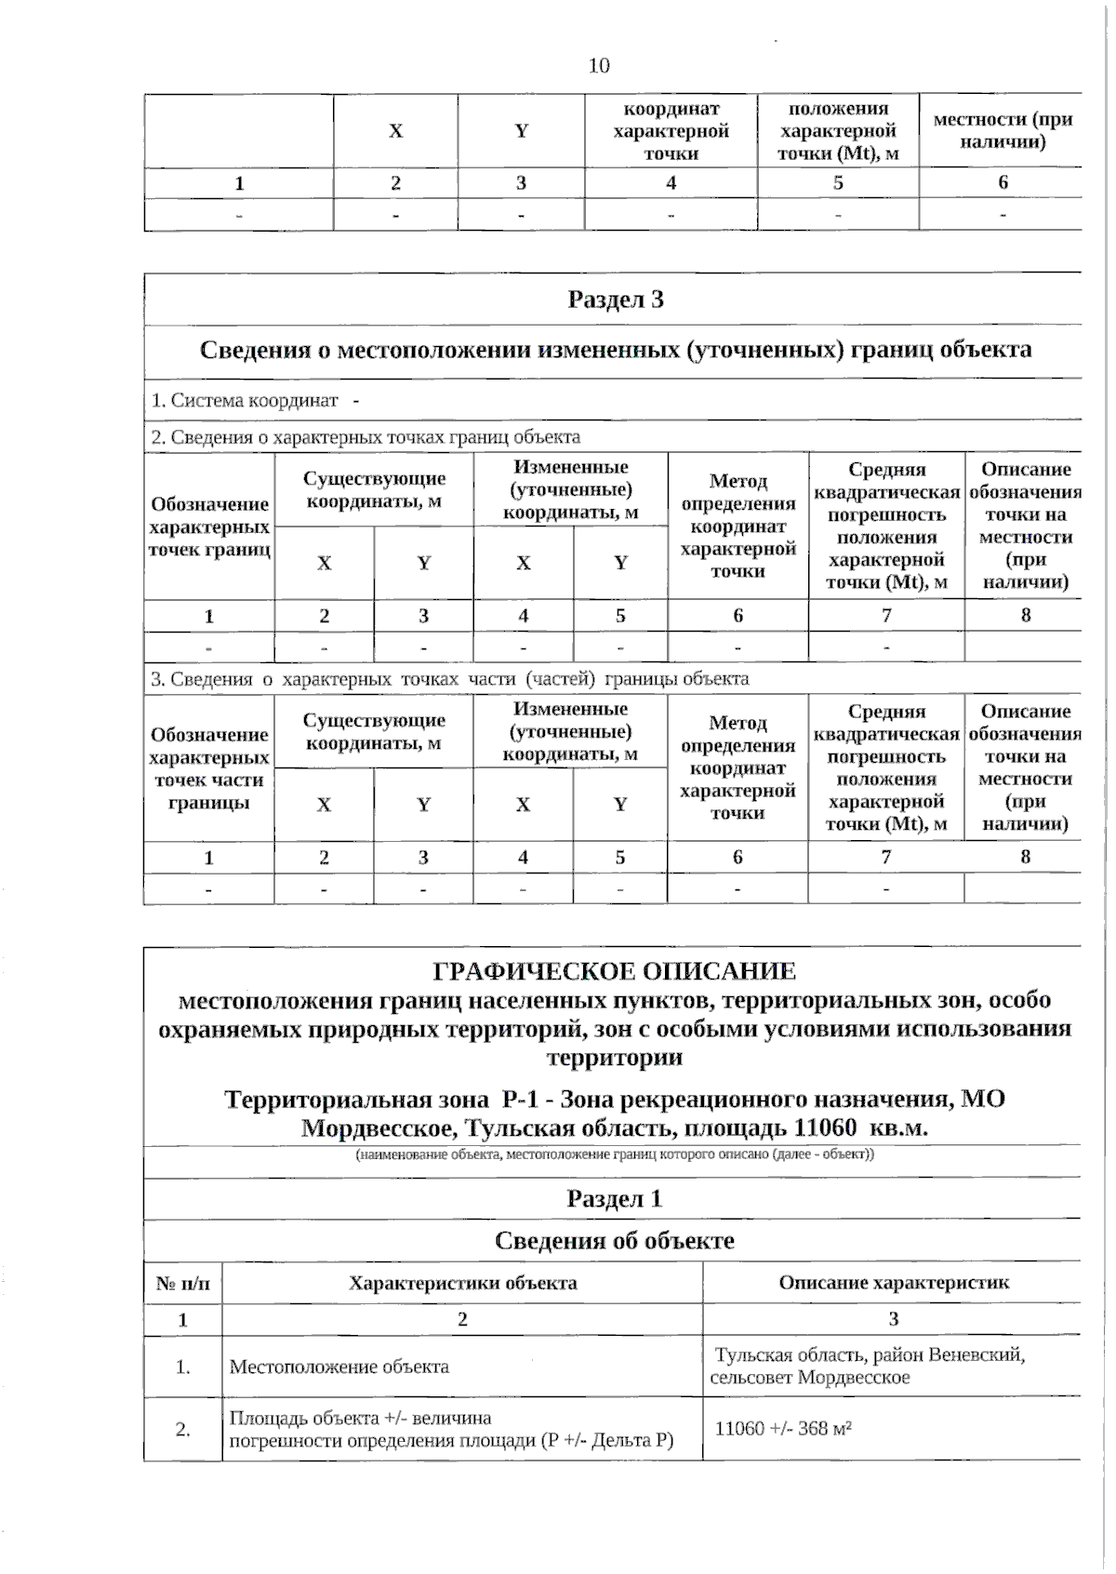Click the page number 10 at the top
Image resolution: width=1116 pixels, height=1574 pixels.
599,65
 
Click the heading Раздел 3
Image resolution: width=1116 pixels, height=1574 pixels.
615,300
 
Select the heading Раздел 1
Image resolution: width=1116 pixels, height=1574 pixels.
614,1198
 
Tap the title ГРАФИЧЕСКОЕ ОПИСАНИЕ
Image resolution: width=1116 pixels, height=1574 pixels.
614,971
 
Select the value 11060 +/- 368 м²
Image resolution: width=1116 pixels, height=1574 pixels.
783,1428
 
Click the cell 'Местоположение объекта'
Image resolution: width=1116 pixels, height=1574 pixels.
339,1367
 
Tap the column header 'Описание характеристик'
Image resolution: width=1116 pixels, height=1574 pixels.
893,1283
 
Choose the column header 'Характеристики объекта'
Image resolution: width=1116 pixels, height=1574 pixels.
462,1283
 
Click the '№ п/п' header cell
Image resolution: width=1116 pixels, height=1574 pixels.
182,1284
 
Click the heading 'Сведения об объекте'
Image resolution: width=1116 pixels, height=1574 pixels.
614,1240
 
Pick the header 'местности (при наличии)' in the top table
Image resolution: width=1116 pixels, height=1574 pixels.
1002,130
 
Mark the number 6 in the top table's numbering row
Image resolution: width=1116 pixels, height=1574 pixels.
1003,182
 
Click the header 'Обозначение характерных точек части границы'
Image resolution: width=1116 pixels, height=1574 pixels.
208,768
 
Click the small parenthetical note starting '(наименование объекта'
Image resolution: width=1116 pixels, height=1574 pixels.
614,1154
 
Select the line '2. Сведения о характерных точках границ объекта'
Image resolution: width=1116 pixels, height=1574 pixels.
365,436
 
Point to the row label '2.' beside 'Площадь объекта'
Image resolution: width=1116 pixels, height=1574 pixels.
182,1429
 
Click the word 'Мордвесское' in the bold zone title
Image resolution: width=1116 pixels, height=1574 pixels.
379,1127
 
